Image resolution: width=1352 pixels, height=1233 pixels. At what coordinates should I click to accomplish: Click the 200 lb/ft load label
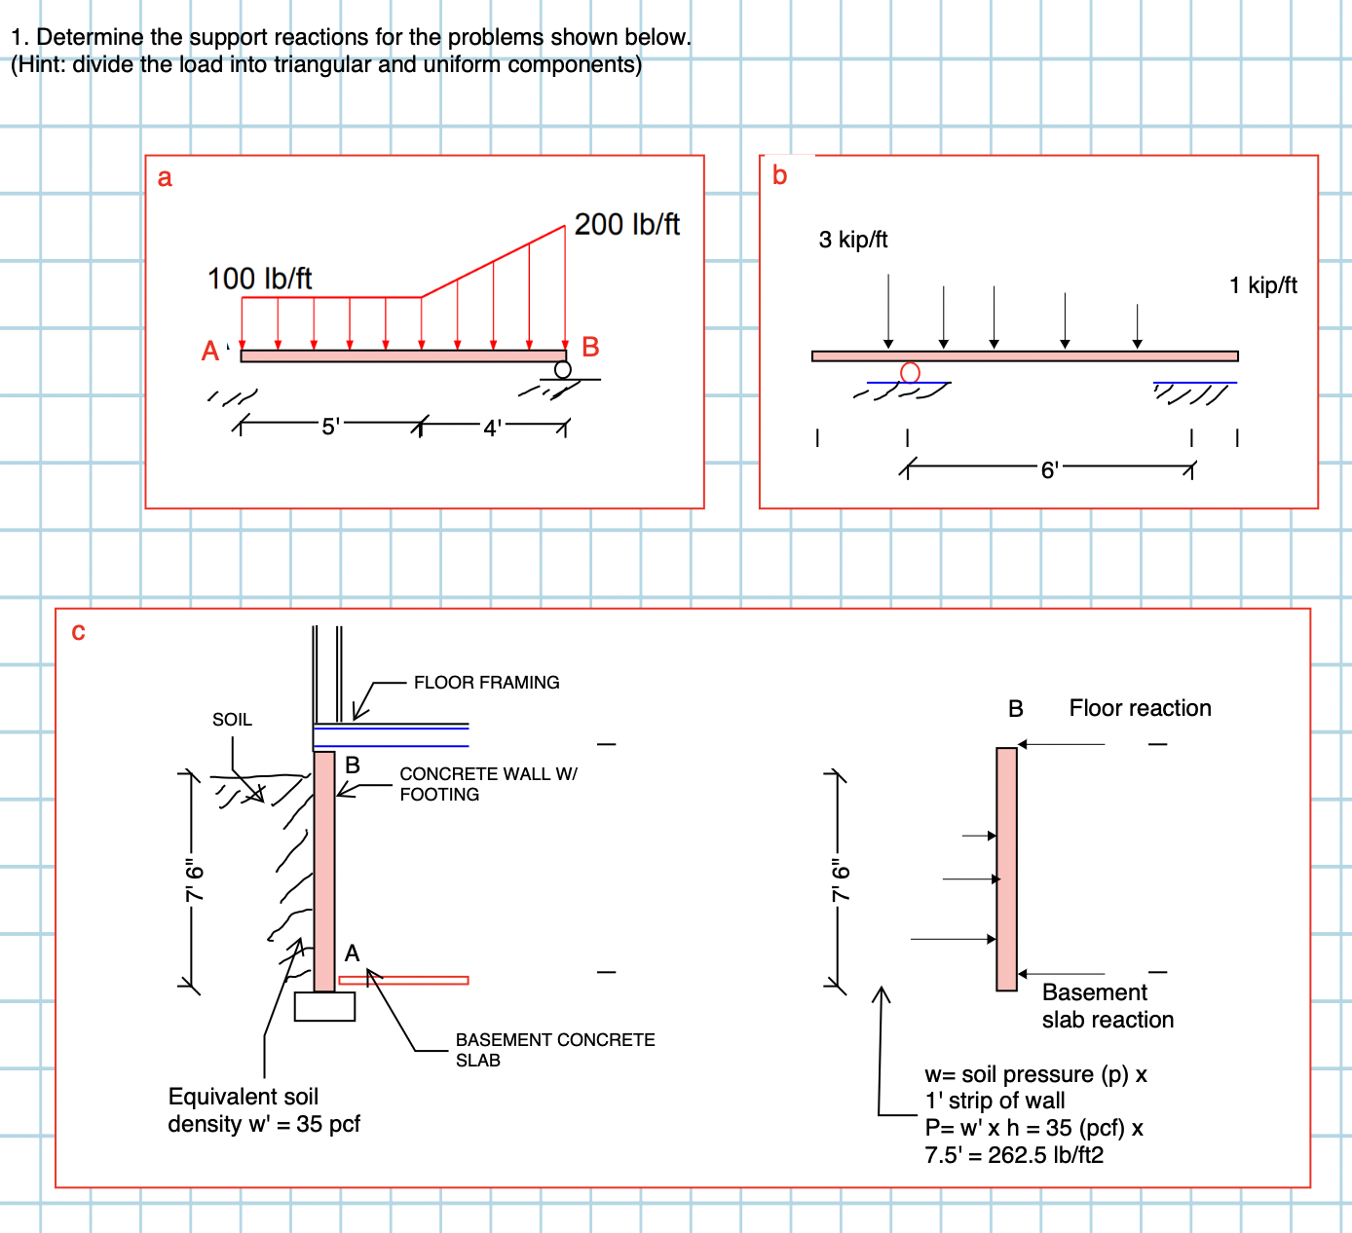pyautogui.click(x=626, y=225)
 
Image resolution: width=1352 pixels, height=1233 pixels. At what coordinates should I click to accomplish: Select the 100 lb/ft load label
pyautogui.click(x=259, y=280)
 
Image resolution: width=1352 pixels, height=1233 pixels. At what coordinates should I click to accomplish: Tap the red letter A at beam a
pyautogui.click(x=210, y=352)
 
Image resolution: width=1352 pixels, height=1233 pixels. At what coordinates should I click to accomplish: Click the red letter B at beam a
pyautogui.click(x=590, y=348)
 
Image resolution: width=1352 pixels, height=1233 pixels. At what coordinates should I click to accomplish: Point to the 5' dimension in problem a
pyautogui.click(x=330, y=427)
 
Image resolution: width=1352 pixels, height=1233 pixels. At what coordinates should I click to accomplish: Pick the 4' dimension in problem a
pyautogui.click(x=493, y=428)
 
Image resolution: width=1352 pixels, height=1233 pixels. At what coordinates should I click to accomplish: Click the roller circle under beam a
pyautogui.click(x=563, y=370)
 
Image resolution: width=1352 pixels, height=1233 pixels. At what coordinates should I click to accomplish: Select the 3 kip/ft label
pyautogui.click(x=853, y=240)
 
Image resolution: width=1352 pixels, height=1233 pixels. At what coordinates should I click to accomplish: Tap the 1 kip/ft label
pyautogui.click(x=1263, y=285)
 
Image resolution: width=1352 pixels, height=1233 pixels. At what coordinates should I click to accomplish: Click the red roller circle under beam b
pyautogui.click(x=910, y=372)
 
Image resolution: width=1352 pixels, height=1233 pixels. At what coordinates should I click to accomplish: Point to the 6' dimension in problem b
pyautogui.click(x=1049, y=470)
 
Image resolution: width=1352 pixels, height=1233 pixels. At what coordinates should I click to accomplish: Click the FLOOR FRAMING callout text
pyautogui.click(x=486, y=683)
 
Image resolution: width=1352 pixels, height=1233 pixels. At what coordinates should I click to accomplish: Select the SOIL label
pyautogui.click(x=232, y=720)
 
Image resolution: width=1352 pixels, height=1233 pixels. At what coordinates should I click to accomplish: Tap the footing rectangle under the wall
pyautogui.click(x=324, y=1006)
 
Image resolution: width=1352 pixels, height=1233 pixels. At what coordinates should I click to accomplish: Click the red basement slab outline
pyautogui.click(x=404, y=980)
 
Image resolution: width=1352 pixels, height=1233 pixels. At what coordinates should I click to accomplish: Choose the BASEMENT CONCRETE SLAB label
pyautogui.click(x=554, y=1050)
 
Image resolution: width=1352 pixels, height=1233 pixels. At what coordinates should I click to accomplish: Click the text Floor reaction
pyautogui.click(x=1140, y=708)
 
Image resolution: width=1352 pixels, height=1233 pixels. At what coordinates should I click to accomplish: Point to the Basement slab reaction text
pyautogui.click(x=1108, y=1006)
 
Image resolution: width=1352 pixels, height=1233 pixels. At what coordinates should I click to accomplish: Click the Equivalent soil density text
pyautogui.click(x=263, y=1110)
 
